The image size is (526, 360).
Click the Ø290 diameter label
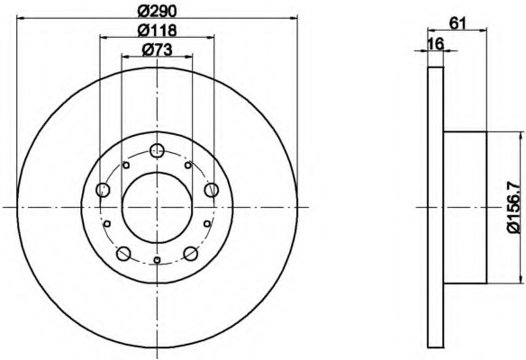tap(158, 12)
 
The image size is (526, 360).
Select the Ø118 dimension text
tap(158, 31)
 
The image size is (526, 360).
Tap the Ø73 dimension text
tap(157, 49)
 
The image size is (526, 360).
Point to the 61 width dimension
tap(458, 23)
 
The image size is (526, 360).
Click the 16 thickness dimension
tap(436, 43)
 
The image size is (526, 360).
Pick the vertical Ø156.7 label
tap(516, 207)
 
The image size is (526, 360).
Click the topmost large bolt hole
tap(157, 150)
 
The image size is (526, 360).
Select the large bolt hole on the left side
tap(103, 190)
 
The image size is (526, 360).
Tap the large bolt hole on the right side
tap(212, 190)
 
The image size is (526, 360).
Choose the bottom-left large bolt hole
tap(123, 254)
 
